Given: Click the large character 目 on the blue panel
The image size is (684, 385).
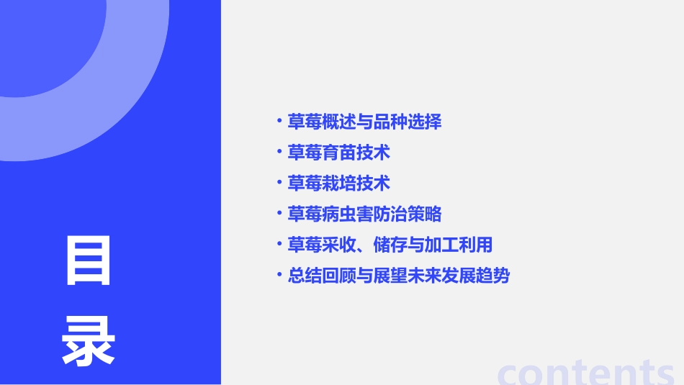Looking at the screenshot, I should tap(89, 261).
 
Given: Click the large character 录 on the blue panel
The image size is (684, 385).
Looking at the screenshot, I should tap(89, 341).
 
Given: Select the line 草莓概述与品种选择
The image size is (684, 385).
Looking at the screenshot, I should tap(364, 122).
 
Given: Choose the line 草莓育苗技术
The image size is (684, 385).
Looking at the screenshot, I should tap(338, 153).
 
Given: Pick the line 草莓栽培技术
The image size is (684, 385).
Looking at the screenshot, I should tap(338, 184).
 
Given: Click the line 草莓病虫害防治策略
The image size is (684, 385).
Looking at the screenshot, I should tap(364, 214).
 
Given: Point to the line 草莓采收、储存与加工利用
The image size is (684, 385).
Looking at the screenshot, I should tap(390, 245).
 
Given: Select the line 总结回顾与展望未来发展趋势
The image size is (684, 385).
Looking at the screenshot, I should tap(398, 276).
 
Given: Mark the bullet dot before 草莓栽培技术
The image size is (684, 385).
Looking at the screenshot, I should tap(279, 182).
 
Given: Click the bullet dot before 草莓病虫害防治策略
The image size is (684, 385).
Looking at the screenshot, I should tap(279, 213).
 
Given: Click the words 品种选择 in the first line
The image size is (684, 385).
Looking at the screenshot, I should tap(408, 122).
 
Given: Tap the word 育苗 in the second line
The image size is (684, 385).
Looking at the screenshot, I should tap(338, 153).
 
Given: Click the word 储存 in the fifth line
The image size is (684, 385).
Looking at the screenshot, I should tap(390, 245).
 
